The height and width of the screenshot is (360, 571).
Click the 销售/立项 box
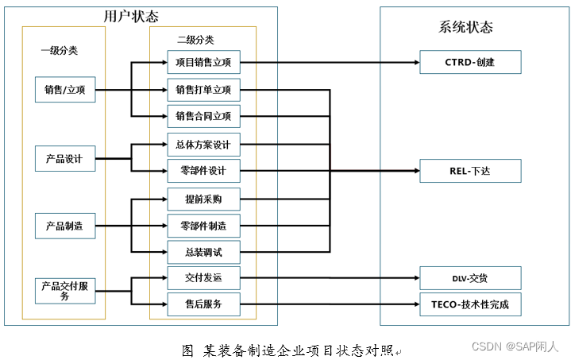tap(65, 90)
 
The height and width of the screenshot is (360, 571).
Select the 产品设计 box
tap(65, 158)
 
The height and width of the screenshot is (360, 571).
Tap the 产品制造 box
tap(65, 226)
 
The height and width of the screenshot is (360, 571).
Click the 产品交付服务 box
tap(65, 291)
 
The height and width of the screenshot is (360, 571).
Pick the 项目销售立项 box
tap(203, 62)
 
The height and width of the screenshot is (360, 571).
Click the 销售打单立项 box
tap(203, 89)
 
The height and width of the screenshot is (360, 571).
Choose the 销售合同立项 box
tap(203, 116)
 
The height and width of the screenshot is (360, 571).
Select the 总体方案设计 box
tap(203, 144)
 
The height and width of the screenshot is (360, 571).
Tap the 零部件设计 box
tap(203, 171)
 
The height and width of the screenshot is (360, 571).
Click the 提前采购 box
tap(203, 199)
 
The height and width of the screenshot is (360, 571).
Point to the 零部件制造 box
tap(203, 226)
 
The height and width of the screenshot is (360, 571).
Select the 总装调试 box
tap(203, 253)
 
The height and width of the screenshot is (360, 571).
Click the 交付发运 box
tap(203, 278)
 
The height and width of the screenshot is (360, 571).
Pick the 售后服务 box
tap(203, 304)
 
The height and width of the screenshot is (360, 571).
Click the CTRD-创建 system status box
tap(470, 62)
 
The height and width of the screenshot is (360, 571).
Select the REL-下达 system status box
tap(470, 171)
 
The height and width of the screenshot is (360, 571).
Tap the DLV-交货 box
tap(470, 278)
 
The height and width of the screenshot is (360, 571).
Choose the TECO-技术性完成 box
tap(470, 304)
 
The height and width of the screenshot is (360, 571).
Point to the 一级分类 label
tap(60, 49)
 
